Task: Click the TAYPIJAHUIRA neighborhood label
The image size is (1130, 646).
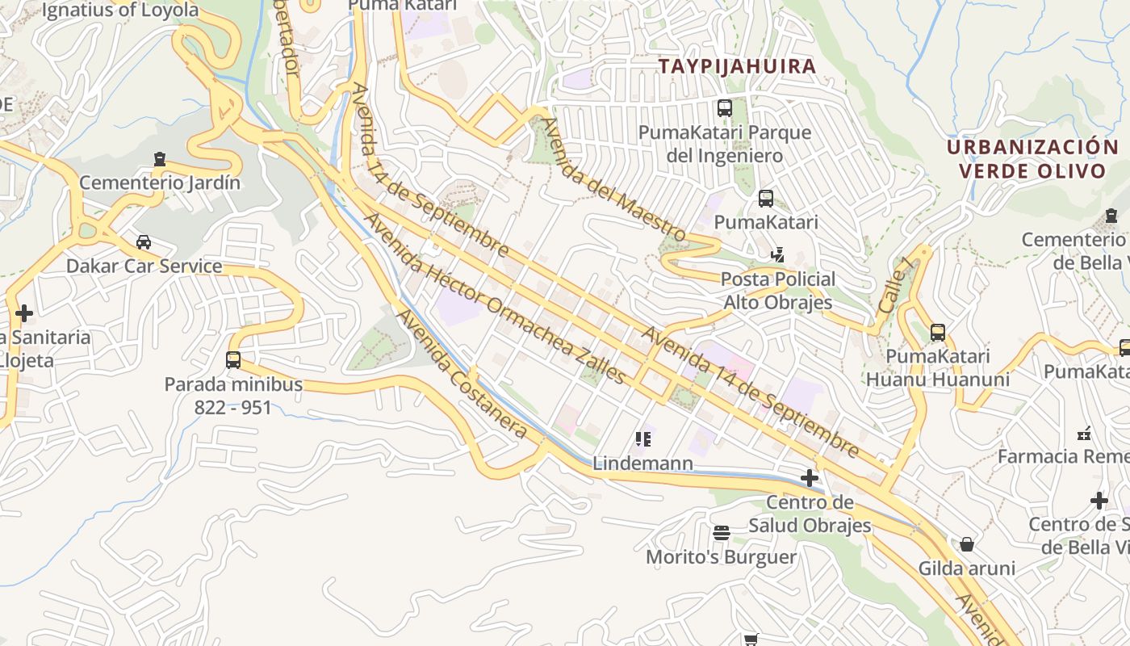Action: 737,66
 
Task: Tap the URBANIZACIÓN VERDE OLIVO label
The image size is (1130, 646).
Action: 1032,159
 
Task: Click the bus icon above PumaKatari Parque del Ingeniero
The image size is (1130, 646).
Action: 725,107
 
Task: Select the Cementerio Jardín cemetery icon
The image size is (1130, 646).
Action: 160,159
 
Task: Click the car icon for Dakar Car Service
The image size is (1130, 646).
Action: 144,241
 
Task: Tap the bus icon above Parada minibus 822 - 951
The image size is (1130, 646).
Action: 233,359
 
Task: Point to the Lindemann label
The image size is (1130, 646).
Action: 642,464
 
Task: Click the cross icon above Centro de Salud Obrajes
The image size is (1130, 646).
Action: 810,478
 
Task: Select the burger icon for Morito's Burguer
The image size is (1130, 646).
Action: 722,533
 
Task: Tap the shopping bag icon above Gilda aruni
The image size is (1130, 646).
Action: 967,543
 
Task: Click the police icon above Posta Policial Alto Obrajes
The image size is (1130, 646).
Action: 777,255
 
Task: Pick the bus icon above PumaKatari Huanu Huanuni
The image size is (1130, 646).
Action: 937,332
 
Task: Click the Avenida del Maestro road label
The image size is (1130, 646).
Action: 613,180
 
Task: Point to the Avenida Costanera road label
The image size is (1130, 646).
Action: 464,375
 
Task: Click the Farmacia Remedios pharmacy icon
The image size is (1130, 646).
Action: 1085,434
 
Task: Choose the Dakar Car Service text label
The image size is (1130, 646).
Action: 144,266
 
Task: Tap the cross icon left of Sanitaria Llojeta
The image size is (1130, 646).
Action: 24,313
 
